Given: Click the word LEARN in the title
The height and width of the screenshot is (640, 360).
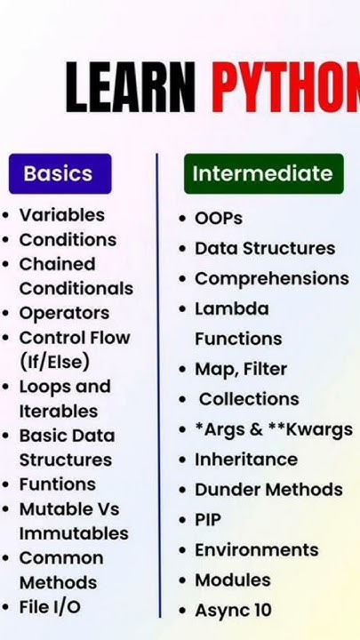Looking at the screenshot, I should pos(130,89).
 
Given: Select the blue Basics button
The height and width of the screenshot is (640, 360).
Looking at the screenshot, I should pos(60,173).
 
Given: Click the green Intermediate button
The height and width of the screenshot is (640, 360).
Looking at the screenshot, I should pos(263,173).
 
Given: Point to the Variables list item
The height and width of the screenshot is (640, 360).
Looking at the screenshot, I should pos(61,215).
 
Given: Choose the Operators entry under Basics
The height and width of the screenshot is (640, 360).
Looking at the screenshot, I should pos(64,313).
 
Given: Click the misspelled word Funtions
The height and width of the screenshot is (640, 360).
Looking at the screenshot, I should pos(57,484).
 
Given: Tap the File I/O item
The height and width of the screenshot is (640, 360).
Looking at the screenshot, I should pos(50,607).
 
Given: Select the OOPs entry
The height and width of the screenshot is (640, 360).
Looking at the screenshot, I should pos(219,218).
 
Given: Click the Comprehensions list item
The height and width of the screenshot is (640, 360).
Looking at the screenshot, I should pos(271,278).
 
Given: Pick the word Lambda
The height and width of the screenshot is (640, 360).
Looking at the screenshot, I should pos(231,309).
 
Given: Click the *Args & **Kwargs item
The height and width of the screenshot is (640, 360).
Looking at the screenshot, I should pos(273,429).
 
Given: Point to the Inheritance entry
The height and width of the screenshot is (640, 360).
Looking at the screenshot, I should pos(246,460).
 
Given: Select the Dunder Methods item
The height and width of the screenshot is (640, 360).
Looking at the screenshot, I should pos(268,490).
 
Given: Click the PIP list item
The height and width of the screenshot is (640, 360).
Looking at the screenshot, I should pos(208,520).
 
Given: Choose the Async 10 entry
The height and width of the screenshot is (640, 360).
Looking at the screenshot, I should pos(233,611).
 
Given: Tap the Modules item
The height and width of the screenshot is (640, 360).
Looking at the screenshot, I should pos(232,580).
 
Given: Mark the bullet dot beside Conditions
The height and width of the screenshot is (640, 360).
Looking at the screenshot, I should pos(7,241).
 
